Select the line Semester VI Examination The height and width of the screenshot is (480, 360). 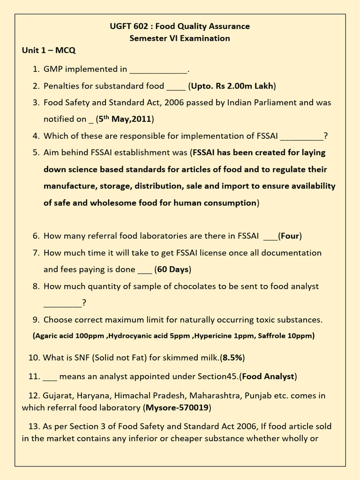click(180, 38)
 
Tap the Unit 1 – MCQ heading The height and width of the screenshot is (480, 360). click(49, 51)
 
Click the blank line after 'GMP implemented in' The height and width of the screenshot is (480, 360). click(158, 70)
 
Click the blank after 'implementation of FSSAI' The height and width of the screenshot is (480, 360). click(302, 137)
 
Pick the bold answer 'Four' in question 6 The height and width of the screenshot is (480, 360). click(290, 236)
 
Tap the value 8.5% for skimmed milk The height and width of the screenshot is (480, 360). click(232, 358)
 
